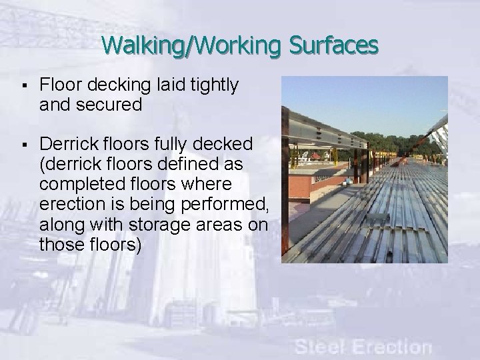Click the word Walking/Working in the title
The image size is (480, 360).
194,45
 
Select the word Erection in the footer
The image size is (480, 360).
393,346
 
